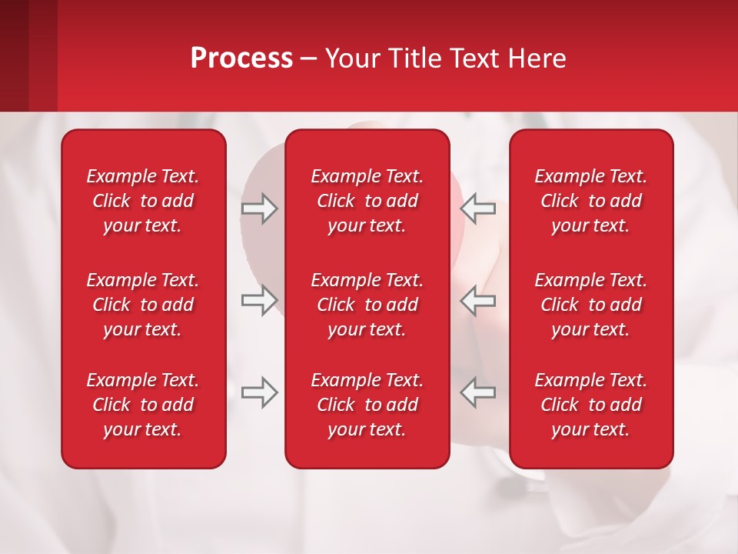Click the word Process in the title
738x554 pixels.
click(x=241, y=58)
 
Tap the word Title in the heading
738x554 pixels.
click(x=416, y=58)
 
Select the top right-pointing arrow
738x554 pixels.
click(x=259, y=209)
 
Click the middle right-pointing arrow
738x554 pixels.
click(x=259, y=300)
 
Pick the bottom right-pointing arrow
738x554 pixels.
click(x=259, y=392)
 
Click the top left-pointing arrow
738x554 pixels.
click(x=477, y=209)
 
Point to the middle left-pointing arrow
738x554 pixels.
click(x=477, y=300)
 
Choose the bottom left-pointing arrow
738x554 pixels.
click(x=477, y=392)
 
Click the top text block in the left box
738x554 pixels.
click(x=143, y=201)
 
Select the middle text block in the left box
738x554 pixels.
click(x=143, y=305)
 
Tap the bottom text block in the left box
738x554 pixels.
click(x=143, y=405)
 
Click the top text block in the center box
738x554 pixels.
click(x=367, y=201)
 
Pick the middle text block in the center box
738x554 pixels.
click(x=367, y=305)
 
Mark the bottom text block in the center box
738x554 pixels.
click(x=367, y=405)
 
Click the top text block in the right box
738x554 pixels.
click(x=591, y=201)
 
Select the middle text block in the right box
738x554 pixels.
click(x=591, y=305)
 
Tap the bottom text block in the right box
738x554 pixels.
click(x=591, y=405)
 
